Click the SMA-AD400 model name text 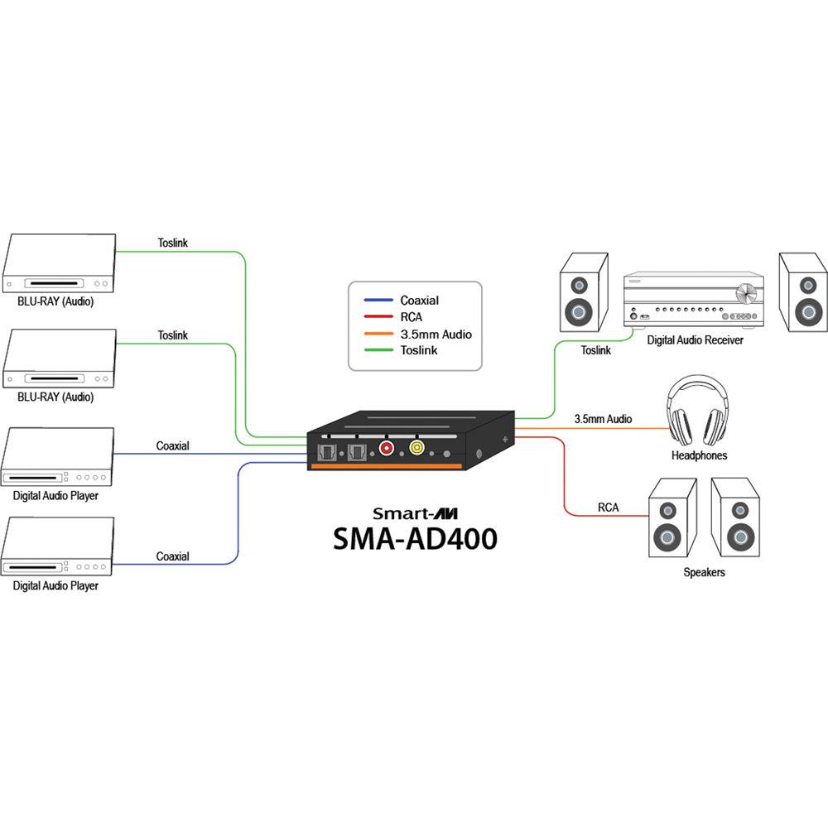[x=415, y=538]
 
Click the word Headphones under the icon [x=700, y=455]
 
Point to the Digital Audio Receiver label [x=695, y=339]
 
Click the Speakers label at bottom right [x=704, y=572]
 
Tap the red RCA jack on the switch [x=386, y=450]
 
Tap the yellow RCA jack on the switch [x=416, y=450]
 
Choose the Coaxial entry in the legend [x=419, y=301]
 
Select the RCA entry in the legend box [x=412, y=317]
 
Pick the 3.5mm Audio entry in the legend [x=435, y=334]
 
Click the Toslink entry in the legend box [x=418, y=350]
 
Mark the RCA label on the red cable [x=608, y=507]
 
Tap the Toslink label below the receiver [x=595, y=350]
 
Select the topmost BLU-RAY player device [x=58, y=263]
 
